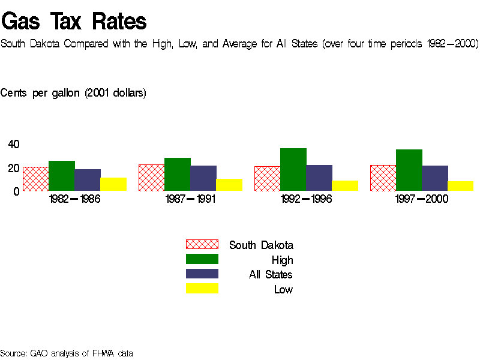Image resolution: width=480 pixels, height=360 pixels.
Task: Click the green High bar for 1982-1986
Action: tap(62, 176)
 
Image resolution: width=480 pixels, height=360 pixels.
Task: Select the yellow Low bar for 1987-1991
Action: tap(229, 185)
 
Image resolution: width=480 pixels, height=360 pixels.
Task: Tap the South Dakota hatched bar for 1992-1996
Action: tap(267, 179)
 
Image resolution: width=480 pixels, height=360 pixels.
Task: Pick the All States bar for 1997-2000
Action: tap(435, 178)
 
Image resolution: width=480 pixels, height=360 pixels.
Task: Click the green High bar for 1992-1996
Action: tap(293, 169)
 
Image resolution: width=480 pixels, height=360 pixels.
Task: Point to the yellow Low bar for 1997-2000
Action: tap(461, 186)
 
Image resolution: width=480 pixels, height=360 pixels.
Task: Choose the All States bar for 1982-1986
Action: tap(88, 180)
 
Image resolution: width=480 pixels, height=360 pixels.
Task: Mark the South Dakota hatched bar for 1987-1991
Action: tap(151, 178)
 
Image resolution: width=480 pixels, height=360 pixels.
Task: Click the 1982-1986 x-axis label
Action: tap(74, 199)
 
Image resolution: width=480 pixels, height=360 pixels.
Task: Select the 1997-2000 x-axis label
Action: tap(422, 199)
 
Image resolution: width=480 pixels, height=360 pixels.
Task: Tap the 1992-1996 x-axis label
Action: tap(306, 199)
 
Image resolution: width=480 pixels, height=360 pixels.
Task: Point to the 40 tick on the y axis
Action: tap(14, 144)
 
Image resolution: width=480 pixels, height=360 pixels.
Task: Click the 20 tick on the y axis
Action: tap(14, 168)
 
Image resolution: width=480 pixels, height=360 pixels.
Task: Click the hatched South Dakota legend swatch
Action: tap(202, 244)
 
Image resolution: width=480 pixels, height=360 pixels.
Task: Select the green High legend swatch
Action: tap(202, 259)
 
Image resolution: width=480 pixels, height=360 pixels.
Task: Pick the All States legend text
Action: tap(271, 275)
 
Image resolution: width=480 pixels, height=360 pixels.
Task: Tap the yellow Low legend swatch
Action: tap(202, 289)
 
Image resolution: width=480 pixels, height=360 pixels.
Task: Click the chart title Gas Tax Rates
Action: tap(74, 22)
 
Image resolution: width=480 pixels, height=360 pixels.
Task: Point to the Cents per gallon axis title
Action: tap(73, 93)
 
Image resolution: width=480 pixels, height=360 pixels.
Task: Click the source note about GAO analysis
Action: tap(67, 353)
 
